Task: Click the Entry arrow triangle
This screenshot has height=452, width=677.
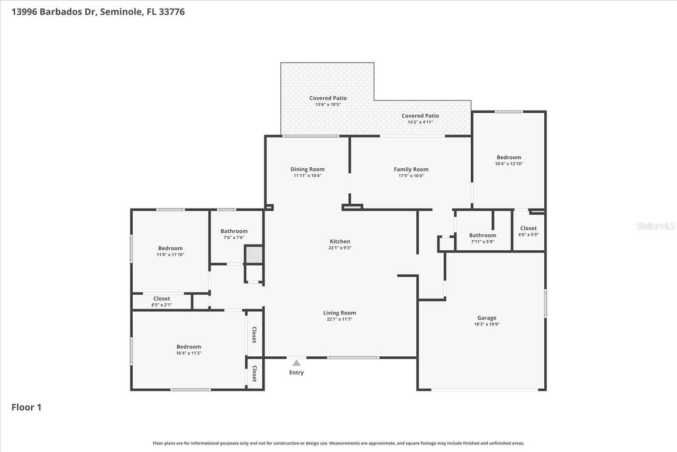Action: (x=296, y=363)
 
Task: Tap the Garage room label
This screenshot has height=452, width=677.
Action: (x=487, y=318)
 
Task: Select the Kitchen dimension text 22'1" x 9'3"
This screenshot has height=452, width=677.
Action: (x=340, y=248)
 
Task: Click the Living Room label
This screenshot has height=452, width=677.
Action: (x=340, y=313)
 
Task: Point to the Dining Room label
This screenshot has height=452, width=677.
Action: (x=307, y=169)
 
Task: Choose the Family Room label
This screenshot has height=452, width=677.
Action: (x=411, y=169)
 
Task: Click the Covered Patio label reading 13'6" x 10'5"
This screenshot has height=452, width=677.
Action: (x=328, y=98)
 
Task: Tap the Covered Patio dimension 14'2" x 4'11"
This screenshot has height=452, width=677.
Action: (x=420, y=122)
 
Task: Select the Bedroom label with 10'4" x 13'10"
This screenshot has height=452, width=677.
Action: (x=508, y=157)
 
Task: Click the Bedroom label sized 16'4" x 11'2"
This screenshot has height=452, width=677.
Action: (x=189, y=347)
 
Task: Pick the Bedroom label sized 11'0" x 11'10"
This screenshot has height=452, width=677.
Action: (x=170, y=248)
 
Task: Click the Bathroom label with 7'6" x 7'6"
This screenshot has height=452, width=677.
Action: (x=234, y=231)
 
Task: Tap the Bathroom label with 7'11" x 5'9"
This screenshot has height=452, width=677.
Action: (x=482, y=236)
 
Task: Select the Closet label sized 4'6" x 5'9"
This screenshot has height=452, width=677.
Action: (x=528, y=228)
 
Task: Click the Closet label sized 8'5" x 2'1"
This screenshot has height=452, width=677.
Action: (x=161, y=299)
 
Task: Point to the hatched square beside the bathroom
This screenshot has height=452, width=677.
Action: (x=254, y=255)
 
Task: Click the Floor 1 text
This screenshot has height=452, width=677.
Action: (x=26, y=407)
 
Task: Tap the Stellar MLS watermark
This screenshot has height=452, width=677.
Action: (x=656, y=226)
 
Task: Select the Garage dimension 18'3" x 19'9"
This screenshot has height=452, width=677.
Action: (x=487, y=324)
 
